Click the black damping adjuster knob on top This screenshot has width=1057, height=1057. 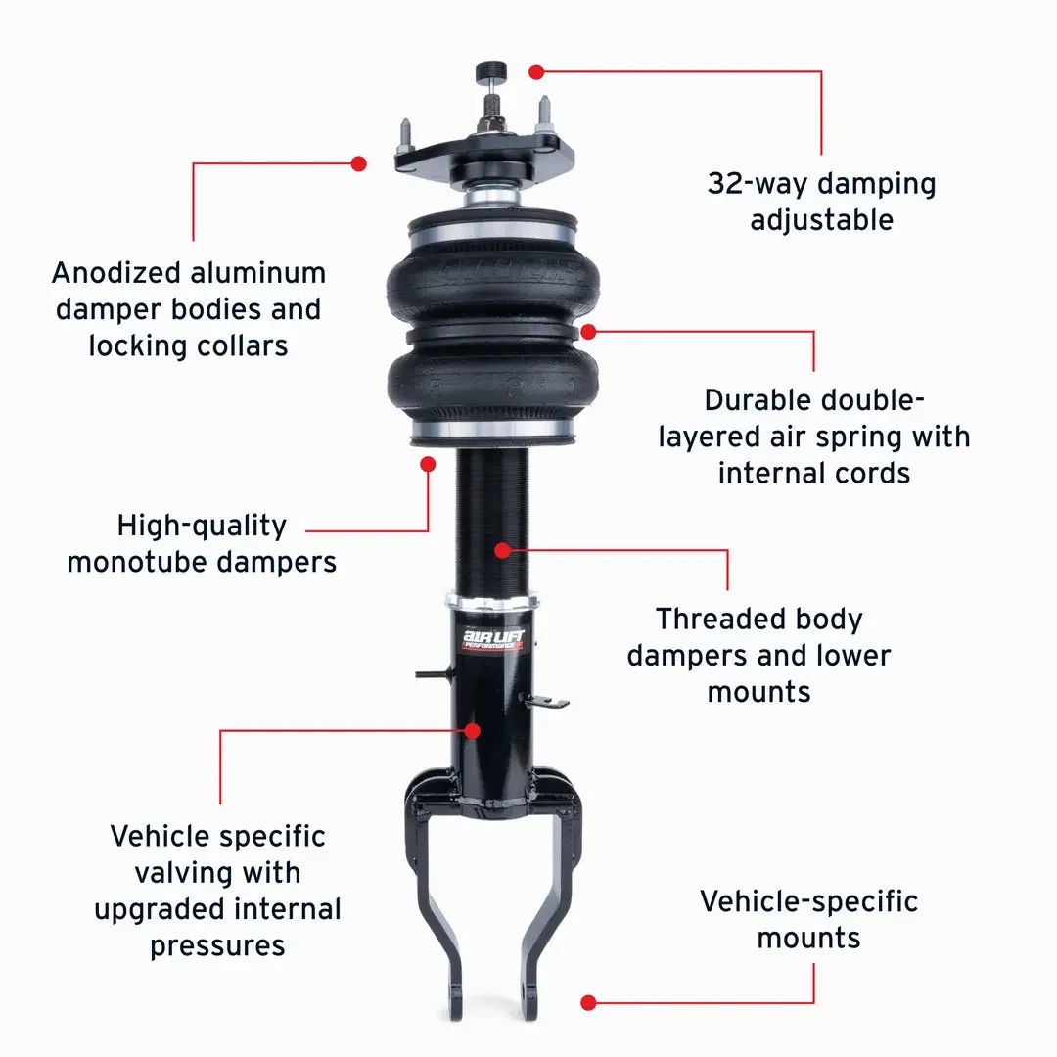490,70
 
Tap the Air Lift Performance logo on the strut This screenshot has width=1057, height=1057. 492,639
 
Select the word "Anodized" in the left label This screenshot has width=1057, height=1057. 116,273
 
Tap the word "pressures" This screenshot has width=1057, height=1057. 217,946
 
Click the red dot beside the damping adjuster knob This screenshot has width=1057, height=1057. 536,72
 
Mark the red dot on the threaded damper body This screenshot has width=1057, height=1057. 502,551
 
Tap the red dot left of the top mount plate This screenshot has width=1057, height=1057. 358,163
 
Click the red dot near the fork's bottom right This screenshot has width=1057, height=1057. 588,1002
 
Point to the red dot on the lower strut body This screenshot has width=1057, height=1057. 473,731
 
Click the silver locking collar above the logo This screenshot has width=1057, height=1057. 491,601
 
